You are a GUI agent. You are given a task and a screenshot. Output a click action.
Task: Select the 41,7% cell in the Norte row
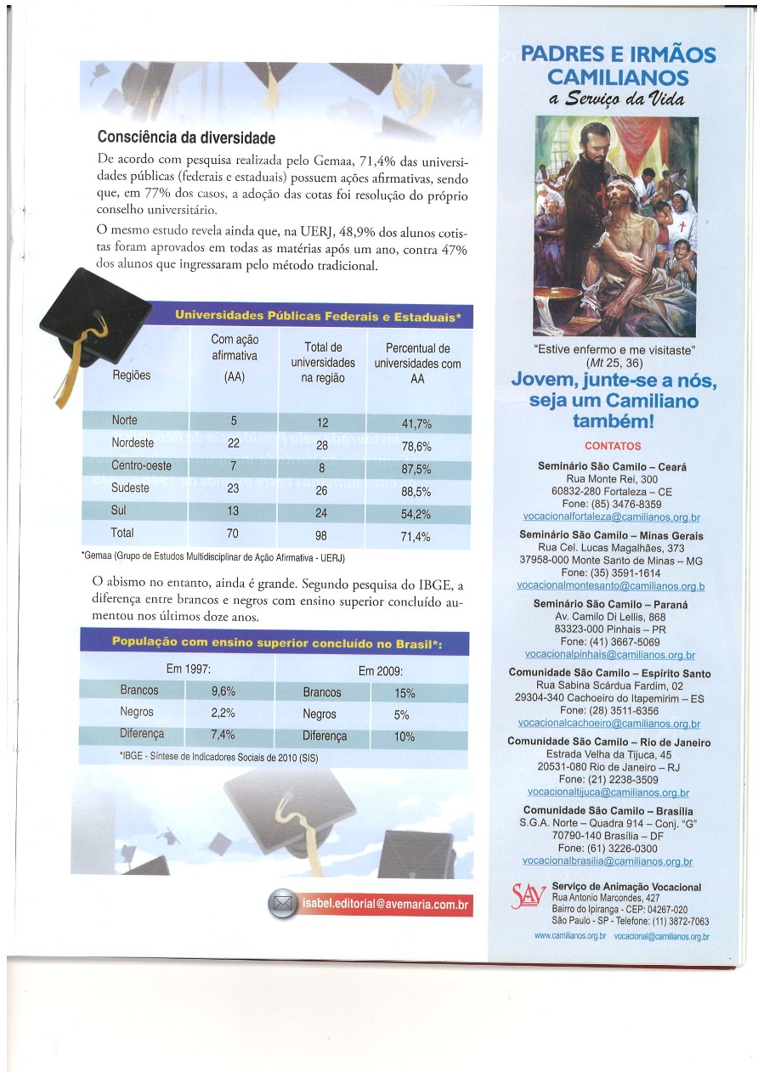[416, 424]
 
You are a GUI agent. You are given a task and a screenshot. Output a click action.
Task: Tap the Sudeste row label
[130, 488]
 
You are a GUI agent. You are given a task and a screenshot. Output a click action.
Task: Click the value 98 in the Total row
[320, 536]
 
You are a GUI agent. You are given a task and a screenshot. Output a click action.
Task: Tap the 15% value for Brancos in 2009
[404, 692]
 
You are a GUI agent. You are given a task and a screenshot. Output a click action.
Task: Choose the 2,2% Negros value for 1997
[223, 713]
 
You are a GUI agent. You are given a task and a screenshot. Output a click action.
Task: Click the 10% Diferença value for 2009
[404, 736]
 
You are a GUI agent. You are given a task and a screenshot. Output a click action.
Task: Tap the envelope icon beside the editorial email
[282, 905]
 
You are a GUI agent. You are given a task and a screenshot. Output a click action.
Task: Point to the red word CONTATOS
[613, 446]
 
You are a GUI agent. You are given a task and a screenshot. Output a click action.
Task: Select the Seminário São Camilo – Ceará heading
[612, 467]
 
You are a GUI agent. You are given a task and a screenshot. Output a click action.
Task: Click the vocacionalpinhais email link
[610, 655]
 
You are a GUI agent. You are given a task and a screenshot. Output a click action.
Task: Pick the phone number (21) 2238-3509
[611, 778]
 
